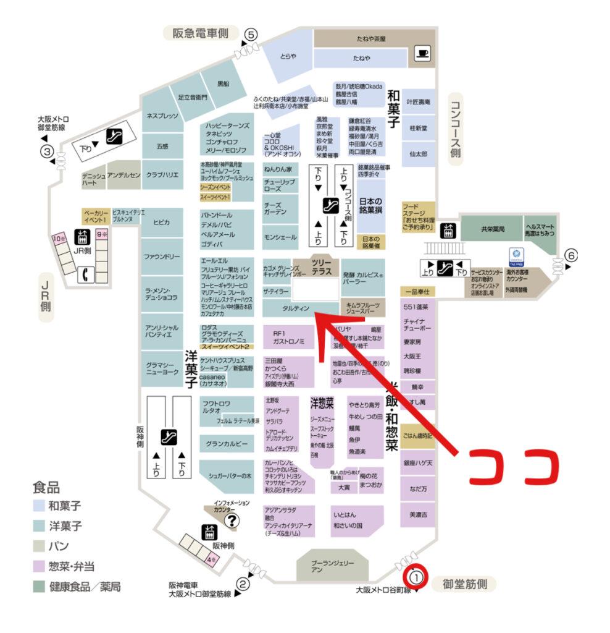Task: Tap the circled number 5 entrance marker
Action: [x=250, y=35]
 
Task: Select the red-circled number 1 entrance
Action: [x=416, y=577]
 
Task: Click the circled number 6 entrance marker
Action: [x=572, y=255]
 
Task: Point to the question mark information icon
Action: [x=232, y=520]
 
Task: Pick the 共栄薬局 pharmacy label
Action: [x=493, y=229]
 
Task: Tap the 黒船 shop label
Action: [x=223, y=83]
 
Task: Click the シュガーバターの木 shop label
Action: [x=226, y=475]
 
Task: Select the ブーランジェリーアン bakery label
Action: [x=333, y=566]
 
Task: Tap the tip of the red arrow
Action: [x=316, y=313]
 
